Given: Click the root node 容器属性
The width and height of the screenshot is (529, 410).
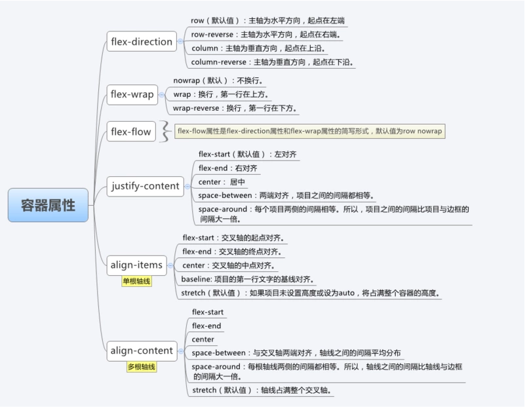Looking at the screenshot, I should (x=48, y=205).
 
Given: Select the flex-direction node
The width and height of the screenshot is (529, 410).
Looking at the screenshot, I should (x=141, y=42).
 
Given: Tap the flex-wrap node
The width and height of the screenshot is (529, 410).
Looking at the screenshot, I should (x=132, y=94).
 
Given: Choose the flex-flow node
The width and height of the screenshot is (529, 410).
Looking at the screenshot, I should (x=130, y=132).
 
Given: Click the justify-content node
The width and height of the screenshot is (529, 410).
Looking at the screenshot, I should (x=144, y=186).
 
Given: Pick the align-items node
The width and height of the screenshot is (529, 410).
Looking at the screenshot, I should (x=136, y=266).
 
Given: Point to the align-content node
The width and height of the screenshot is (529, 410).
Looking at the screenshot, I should (x=141, y=350).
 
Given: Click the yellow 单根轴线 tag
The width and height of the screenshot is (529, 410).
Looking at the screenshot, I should (x=136, y=282).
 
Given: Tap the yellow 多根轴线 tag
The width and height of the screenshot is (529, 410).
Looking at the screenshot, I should (x=141, y=367).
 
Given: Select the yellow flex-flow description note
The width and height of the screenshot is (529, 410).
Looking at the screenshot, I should (x=310, y=131).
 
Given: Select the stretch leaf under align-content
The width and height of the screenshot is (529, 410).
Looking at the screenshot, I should (x=262, y=390).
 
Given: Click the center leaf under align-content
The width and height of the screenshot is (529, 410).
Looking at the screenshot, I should (x=203, y=339).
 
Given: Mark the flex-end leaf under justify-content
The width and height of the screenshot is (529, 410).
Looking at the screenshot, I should (x=228, y=168).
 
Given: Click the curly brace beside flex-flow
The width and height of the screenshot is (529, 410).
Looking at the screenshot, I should (x=167, y=131).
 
